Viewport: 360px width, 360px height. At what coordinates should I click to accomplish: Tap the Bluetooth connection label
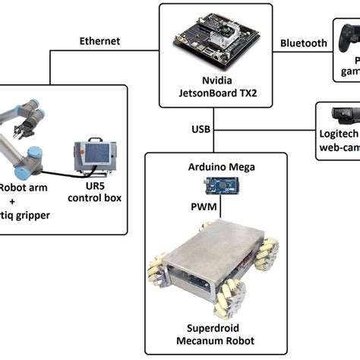coord(304,43)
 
